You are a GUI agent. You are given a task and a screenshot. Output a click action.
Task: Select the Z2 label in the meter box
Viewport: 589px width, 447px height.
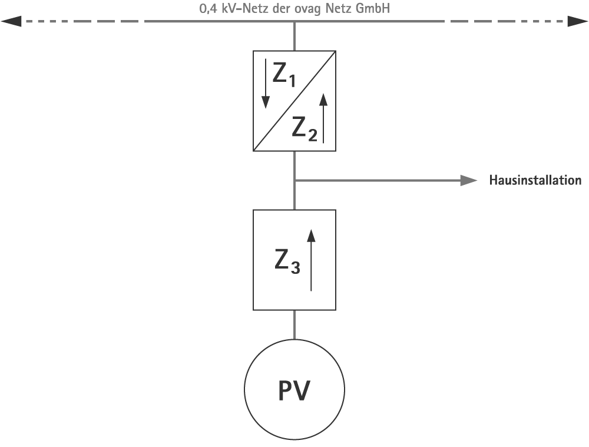pyautogui.click(x=305, y=128)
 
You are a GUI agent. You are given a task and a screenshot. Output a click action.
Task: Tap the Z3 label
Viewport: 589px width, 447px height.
pyautogui.click(x=287, y=261)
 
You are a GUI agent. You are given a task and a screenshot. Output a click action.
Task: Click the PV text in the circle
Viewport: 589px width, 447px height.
pyautogui.click(x=294, y=390)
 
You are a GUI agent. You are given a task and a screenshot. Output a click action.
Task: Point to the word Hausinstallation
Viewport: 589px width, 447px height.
pyautogui.click(x=535, y=180)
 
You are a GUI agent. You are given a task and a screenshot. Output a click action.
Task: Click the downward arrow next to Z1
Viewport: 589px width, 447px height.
pyautogui.click(x=266, y=82)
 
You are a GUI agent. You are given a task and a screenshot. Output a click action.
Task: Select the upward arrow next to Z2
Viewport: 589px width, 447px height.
pyautogui.click(x=323, y=118)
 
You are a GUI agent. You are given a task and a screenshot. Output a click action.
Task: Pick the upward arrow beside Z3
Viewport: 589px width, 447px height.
pyautogui.click(x=312, y=259)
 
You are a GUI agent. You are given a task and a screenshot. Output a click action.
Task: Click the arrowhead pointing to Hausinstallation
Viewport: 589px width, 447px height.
pyautogui.click(x=469, y=180)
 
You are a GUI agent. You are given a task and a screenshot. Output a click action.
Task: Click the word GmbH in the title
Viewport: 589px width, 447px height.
pyautogui.click(x=375, y=9)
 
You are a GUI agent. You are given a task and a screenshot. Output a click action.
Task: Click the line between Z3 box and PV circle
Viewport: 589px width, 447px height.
pyautogui.click(x=294, y=324)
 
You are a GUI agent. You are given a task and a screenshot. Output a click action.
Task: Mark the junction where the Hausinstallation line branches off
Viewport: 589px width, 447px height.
pyautogui.click(x=294, y=180)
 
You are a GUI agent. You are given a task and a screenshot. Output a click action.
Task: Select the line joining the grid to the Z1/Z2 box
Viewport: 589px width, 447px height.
pyautogui.click(x=294, y=37)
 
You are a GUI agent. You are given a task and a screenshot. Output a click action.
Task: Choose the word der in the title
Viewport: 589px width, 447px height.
pyautogui.click(x=278, y=9)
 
